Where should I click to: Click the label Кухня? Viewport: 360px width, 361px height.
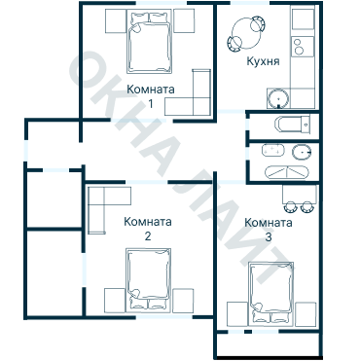pyautogui.click(x=263, y=61)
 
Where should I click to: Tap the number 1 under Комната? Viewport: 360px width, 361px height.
pyautogui.click(x=151, y=104)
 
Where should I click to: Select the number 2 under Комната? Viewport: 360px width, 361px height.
pyautogui.click(x=148, y=235)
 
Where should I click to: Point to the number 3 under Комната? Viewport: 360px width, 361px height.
pyautogui.click(x=269, y=237)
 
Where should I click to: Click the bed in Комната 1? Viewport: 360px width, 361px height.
pyautogui.click(x=149, y=42)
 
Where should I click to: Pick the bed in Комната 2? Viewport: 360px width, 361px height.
pyautogui.click(x=149, y=280)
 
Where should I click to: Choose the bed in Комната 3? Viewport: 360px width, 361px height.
pyautogui.click(x=271, y=293)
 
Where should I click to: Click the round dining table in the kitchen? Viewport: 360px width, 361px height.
pyautogui.click(x=246, y=33)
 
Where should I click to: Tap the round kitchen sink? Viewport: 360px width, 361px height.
pyautogui.click(x=278, y=98)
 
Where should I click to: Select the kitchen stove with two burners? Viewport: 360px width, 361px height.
pyautogui.click(x=303, y=46)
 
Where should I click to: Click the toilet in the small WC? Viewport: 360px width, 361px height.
pyautogui.click(x=292, y=124)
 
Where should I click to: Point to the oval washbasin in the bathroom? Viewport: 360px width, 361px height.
pyautogui.click(x=302, y=153)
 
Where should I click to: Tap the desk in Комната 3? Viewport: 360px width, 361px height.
pyautogui.click(x=300, y=194)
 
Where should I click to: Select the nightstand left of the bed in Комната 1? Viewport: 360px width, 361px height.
pyautogui.click(x=116, y=21)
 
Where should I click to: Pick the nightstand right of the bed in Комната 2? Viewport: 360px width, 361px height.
pyautogui.click(x=183, y=301)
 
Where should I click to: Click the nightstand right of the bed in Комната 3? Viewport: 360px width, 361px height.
pyautogui.click(x=306, y=314)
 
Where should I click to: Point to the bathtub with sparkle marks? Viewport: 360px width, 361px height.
pyautogui.click(x=273, y=151)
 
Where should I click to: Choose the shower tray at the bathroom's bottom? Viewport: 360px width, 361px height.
pyautogui.click(x=287, y=172)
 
